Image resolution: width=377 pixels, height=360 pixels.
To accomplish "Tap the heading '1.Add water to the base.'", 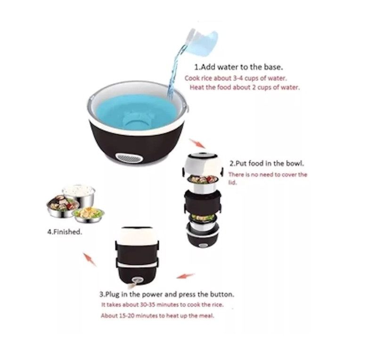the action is point(238,67).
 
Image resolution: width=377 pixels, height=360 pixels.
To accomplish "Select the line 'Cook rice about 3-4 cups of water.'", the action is point(236,78).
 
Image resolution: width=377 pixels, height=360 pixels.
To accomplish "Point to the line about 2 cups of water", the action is point(245,87).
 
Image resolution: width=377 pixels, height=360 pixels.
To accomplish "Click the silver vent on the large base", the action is point(129,158).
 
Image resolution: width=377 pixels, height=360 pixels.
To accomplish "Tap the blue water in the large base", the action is point(137,111).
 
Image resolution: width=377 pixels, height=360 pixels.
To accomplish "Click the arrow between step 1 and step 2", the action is point(197,143).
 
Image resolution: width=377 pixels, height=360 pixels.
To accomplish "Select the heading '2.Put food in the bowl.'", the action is point(267,164).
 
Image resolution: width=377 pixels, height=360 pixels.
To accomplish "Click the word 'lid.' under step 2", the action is point(232,183).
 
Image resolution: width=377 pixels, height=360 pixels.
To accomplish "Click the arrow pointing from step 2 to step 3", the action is point(186,276).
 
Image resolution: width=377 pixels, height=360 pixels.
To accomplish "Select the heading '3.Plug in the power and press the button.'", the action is point(167,294).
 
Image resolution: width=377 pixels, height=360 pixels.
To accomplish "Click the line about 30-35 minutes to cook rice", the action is point(163,305).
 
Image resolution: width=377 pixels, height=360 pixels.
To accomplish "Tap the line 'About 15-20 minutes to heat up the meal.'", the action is point(157,316).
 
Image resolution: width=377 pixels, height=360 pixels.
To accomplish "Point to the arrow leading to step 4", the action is point(90,260).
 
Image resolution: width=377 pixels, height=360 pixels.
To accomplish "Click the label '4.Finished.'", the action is point(65,232).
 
